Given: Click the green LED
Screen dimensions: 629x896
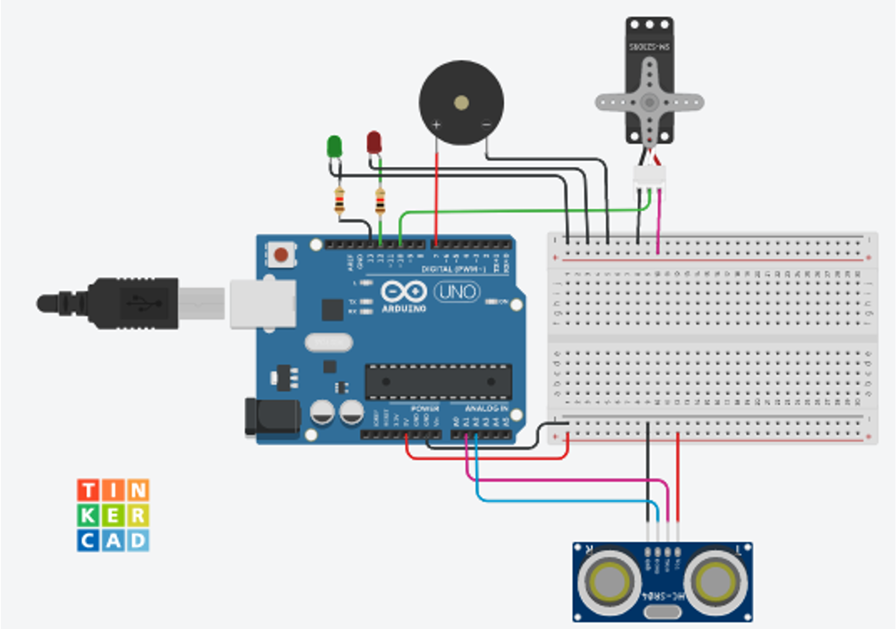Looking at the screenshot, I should click(x=335, y=147).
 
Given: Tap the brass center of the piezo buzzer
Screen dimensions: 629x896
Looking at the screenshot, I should click(x=461, y=103).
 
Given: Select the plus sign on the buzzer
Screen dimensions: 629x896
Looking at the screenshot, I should click(x=436, y=125).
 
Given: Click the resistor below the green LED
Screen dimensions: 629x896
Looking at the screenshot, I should click(x=340, y=201).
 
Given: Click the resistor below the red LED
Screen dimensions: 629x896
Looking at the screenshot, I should click(x=380, y=202).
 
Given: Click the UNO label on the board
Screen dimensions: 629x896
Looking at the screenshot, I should click(x=457, y=292).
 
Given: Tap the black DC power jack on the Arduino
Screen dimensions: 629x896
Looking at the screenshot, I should click(x=273, y=417).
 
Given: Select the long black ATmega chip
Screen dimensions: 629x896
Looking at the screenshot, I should click(x=438, y=382).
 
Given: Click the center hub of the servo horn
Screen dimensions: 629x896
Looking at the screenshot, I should click(x=649, y=103).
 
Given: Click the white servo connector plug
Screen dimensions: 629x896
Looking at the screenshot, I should click(x=649, y=178).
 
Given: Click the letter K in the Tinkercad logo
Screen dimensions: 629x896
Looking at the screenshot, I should click(x=88, y=515).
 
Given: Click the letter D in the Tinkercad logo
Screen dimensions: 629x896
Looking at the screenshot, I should click(x=138, y=541).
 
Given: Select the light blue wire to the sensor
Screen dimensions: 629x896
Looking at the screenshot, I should click(x=566, y=501).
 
